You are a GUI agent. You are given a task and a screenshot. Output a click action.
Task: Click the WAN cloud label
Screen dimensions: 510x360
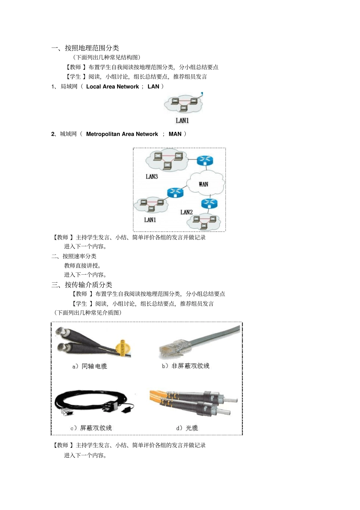203,184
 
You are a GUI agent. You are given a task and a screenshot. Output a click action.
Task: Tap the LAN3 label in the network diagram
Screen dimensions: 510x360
152,177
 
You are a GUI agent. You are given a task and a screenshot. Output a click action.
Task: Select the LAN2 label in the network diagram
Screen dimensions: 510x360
186,212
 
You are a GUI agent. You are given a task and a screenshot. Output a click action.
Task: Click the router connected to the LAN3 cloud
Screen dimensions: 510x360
205,160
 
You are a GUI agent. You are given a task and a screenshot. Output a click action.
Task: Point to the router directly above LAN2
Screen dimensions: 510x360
209,203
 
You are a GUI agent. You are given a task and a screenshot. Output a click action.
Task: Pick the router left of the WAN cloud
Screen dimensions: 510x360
175,192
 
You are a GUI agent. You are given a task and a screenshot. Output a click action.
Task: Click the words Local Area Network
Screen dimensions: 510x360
113,86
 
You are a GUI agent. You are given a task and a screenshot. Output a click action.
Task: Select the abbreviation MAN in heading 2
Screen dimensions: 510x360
175,134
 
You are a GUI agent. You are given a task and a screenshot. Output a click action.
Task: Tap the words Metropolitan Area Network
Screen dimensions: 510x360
122,134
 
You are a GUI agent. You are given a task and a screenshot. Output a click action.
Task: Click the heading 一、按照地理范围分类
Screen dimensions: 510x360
85,48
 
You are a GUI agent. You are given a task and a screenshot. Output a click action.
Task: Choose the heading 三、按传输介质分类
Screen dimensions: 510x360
82,285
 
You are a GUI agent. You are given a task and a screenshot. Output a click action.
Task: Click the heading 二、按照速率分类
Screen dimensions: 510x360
74,256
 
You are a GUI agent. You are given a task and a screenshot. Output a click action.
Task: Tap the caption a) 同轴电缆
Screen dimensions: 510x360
90,366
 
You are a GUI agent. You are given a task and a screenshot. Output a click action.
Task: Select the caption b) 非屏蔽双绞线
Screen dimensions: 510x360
186,366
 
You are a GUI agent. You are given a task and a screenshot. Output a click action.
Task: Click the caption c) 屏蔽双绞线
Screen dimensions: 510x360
91,428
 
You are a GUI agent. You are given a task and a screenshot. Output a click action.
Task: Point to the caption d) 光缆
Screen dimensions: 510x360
187,428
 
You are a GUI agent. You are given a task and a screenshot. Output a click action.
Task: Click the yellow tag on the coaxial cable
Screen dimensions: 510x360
122,348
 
